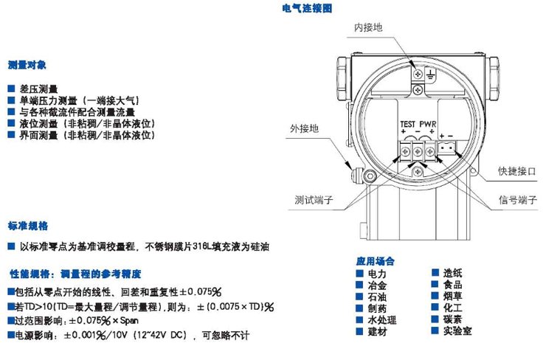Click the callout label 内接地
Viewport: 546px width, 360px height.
coord(368,27)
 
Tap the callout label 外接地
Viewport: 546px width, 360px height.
coord(305,128)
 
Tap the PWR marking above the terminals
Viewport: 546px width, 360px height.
coord(429,123)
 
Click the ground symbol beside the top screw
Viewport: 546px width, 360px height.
coord(431,73)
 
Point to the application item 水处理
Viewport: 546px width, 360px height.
coord(381,320)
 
